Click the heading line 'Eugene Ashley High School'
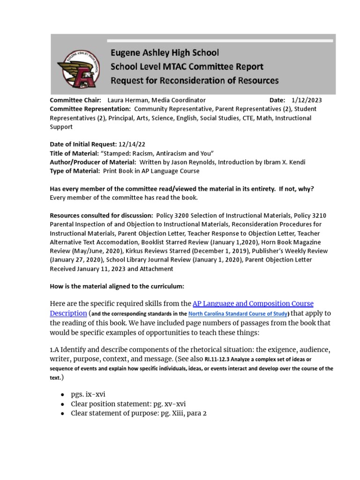pos(165,53)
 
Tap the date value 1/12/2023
pos(306,100)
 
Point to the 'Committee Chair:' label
pos(75,100)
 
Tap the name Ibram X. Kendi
pos(280,162)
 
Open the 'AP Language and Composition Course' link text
pos(253,303)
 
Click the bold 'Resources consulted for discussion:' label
pos(100,216)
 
